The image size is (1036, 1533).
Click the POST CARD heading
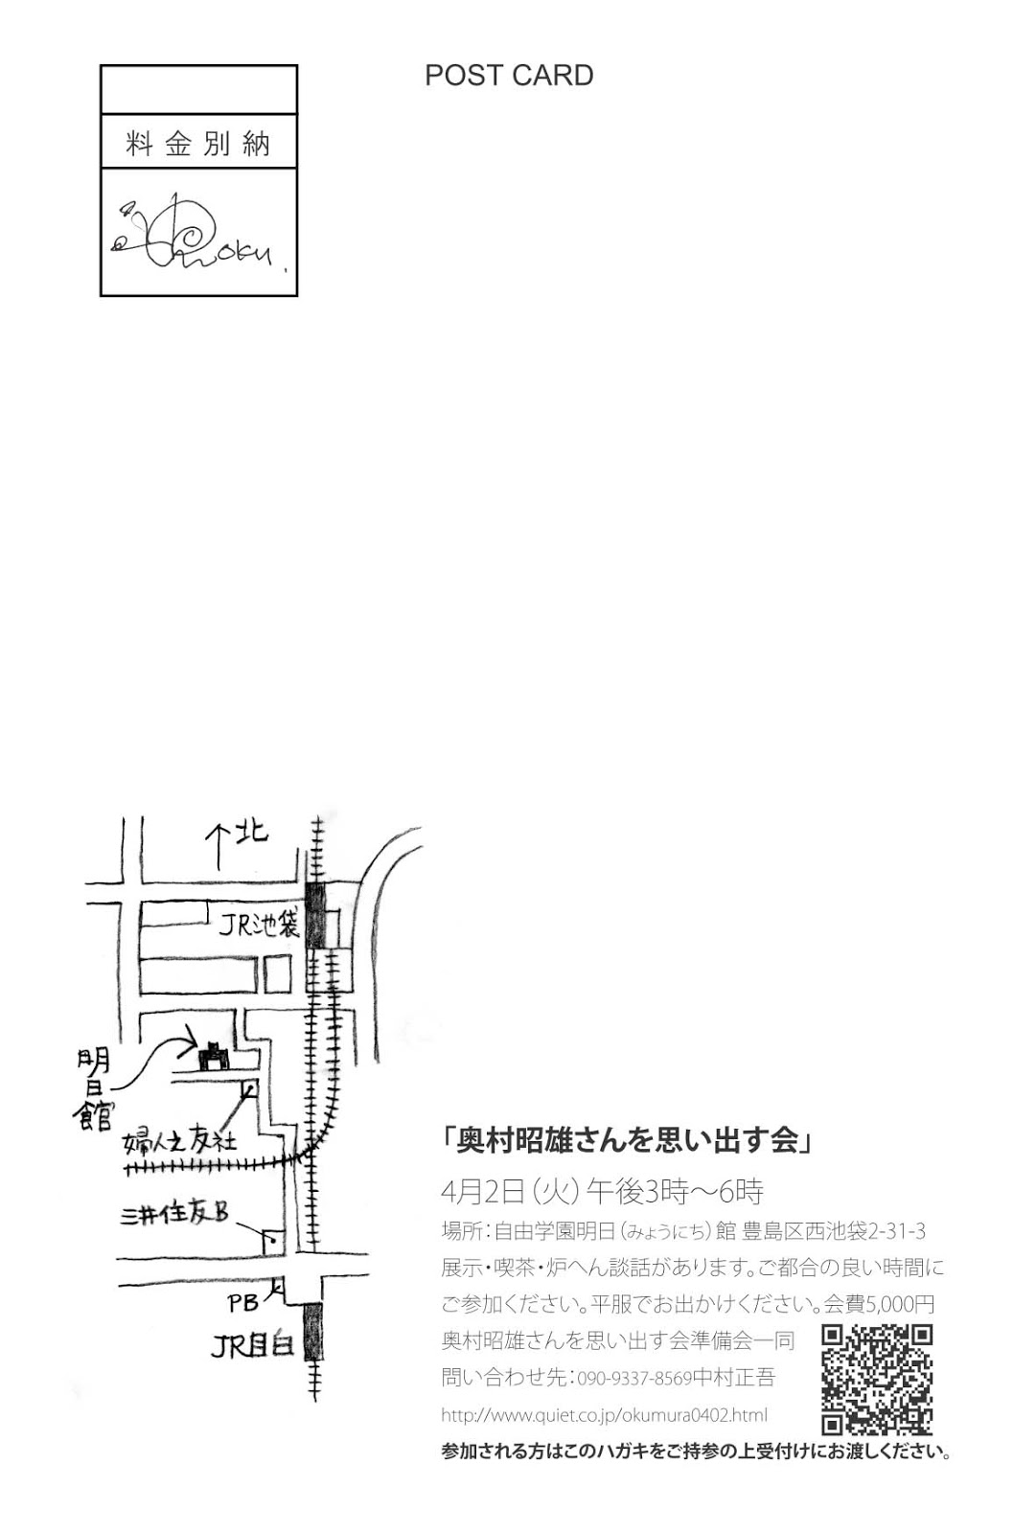click(509, 76)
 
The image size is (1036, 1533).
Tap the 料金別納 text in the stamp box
click(198, 144)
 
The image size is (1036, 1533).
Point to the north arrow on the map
click(219, 844)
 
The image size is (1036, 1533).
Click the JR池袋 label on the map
click(259, 925)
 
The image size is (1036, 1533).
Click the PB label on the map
click(243, 1303)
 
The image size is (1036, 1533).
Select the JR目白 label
click(251, 1346)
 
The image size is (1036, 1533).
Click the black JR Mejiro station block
click(313, 1332)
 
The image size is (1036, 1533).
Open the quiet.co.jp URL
click(604, 1415)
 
